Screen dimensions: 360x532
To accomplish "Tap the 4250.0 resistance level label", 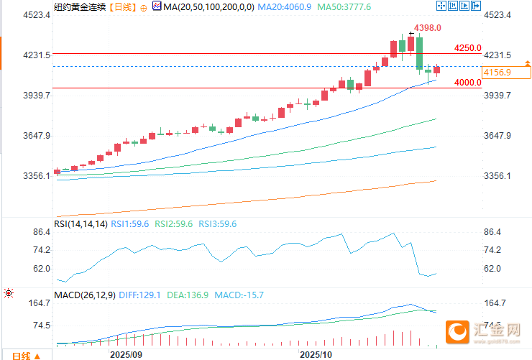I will pos(467,48).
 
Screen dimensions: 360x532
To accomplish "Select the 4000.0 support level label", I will pos(467,83).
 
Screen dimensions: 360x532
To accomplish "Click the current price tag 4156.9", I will pos(497,73).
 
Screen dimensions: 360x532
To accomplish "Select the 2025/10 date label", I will pos(316,354).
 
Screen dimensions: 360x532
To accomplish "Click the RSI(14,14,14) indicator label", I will pos(81,224).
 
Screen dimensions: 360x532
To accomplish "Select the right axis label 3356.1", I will pos(497,176).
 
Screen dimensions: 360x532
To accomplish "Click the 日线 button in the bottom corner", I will pos(22,355).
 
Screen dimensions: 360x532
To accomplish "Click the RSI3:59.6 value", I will pos(217,224).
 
